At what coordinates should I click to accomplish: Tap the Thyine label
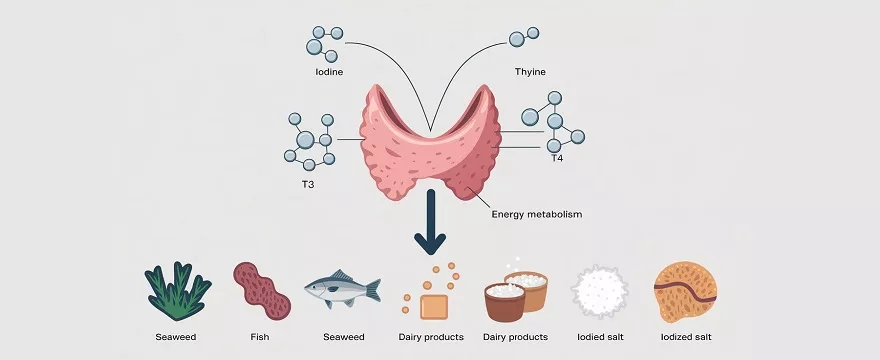coord(529,73)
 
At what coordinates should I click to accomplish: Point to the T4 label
coord(558,158)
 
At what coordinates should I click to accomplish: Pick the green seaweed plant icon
coord(179,290)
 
